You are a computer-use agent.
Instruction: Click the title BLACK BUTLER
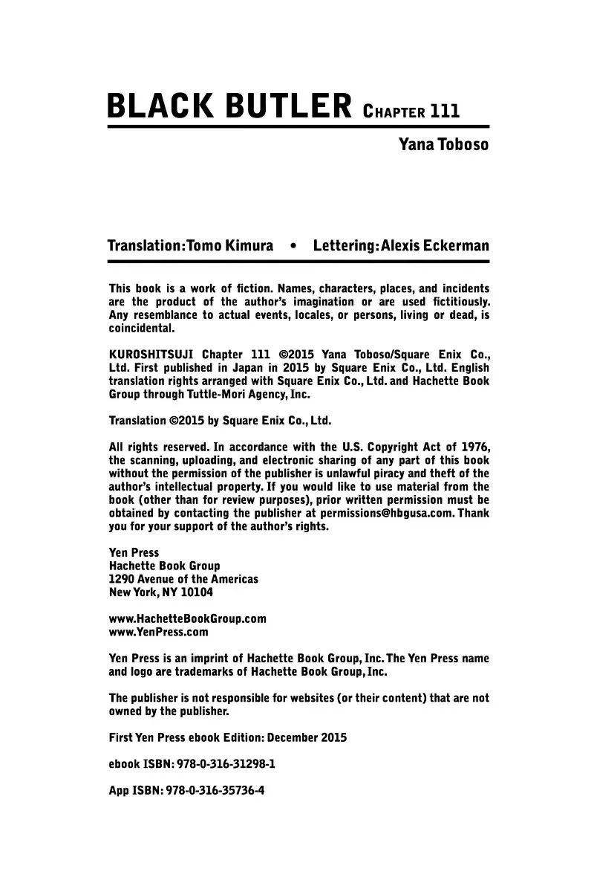(x=229, y=107)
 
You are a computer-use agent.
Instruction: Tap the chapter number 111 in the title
(x=445, y=111)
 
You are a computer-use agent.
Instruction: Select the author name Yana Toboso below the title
(x=444, y=144)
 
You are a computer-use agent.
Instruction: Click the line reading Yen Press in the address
(x=134, y=552)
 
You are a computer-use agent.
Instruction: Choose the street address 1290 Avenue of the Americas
(x=183, y=579)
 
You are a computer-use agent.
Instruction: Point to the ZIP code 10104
(x=194, y=592)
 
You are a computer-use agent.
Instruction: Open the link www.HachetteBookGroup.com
(x=187, y=619)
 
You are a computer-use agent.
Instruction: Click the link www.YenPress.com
(x=158, y=633)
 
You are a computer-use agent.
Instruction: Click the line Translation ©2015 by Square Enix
(x=220, y=420)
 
